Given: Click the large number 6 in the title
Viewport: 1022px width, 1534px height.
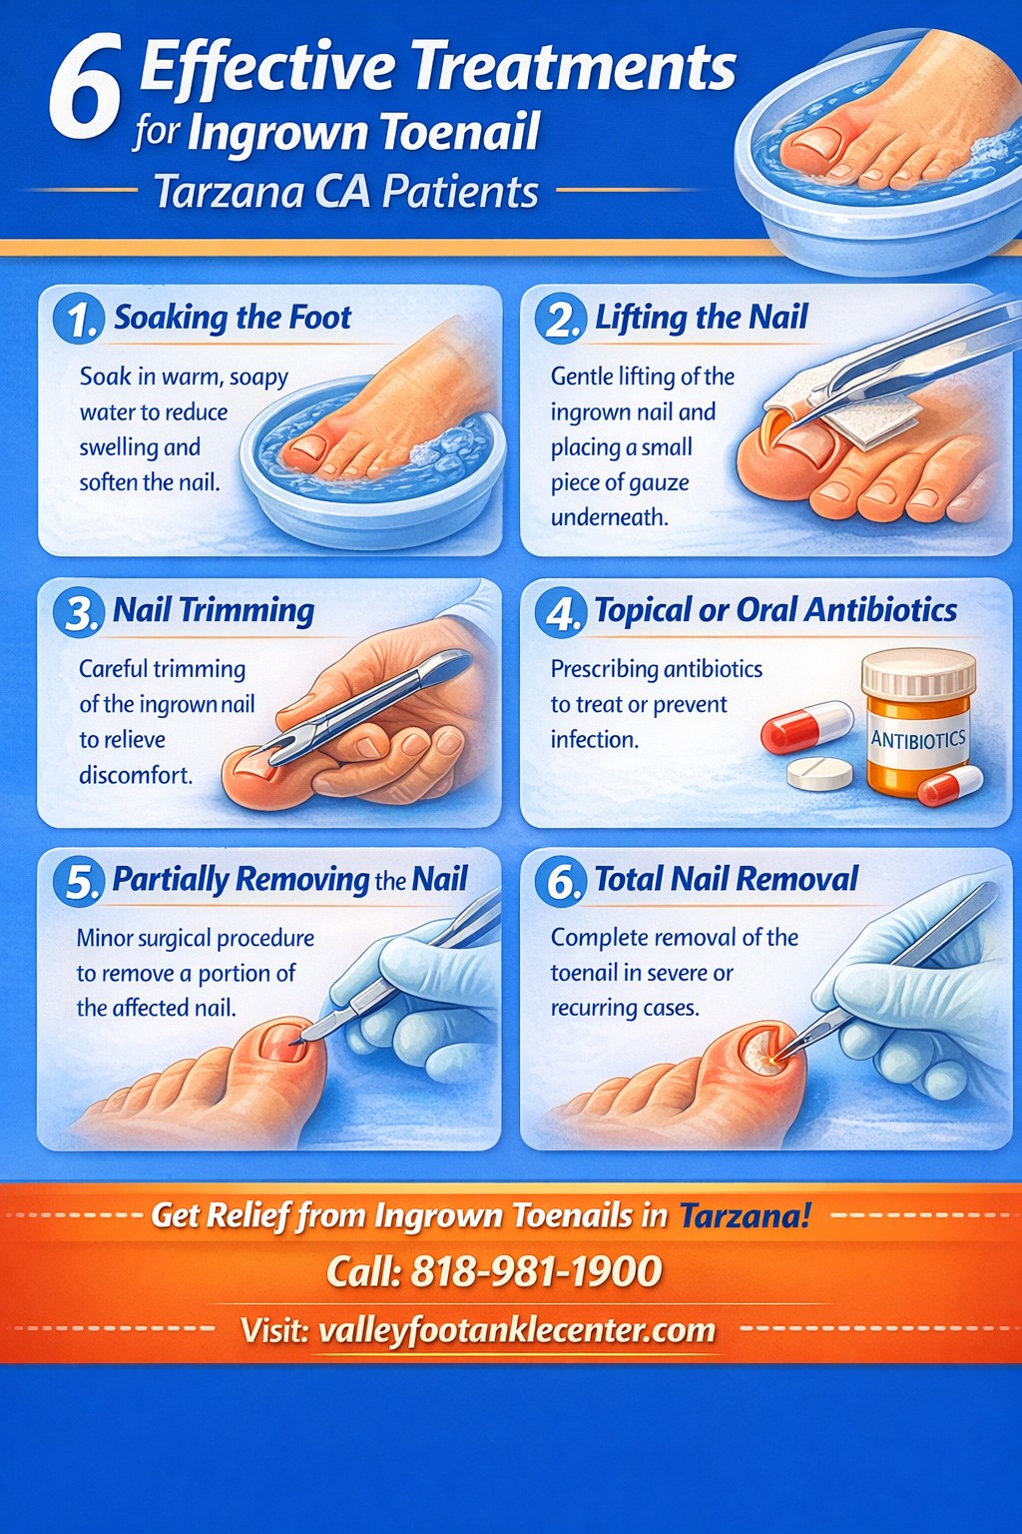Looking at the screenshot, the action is click(x=86, y=88).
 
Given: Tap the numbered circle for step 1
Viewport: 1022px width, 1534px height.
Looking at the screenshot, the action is click(x=79, y=319).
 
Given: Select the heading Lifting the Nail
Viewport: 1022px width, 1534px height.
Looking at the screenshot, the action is click(x=701, y=318).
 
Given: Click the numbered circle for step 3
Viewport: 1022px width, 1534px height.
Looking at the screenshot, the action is click(x=79, y=612).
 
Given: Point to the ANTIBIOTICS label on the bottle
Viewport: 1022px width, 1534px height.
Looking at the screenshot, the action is click(x=918, y=740).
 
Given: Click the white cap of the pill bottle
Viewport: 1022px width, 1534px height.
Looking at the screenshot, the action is click(x=918, y=670).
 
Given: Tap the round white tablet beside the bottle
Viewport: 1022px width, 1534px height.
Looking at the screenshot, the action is click(x=820, y=772).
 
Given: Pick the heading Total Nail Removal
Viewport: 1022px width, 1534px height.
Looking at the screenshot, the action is click(x=726, y=879).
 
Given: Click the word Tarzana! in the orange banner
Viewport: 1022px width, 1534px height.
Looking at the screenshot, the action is click(x=746, y=1215).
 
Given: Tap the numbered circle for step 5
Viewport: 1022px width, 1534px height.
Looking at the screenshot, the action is click(x=79, y=882).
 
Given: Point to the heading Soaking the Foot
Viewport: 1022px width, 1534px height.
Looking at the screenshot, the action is click(x=233, y=318).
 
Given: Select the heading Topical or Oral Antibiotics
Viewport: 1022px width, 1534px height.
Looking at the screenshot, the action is click(x=775, y=610).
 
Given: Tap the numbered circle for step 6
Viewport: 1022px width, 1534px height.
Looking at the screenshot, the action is click(x=561, y=882).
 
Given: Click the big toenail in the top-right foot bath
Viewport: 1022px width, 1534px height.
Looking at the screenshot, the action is click(x=814, y=146).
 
